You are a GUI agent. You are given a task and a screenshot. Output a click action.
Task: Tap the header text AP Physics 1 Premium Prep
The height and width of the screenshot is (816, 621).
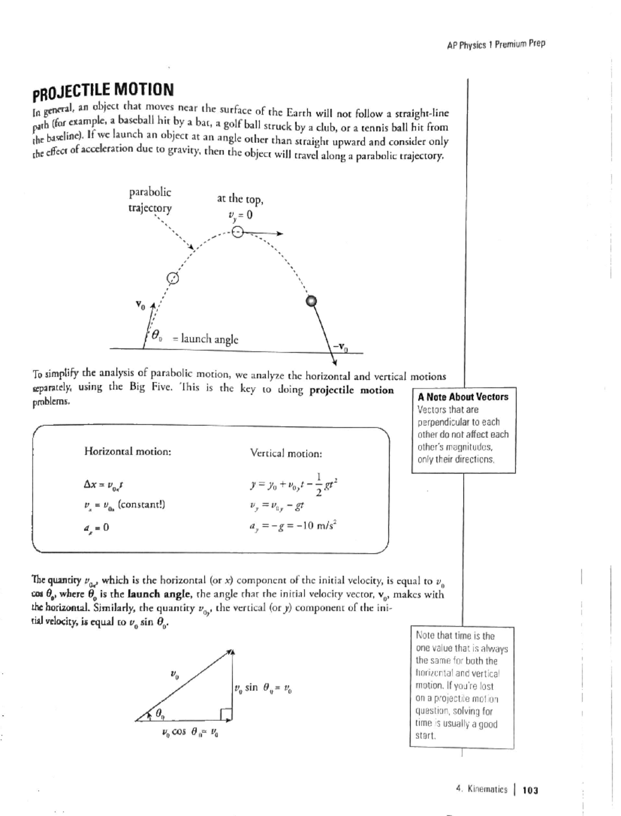(x=496, y=44)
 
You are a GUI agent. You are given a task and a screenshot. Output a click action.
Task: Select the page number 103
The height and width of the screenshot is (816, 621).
(x=530, y=790)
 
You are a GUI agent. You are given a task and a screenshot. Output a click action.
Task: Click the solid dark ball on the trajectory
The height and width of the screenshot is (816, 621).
(x=311, y=301)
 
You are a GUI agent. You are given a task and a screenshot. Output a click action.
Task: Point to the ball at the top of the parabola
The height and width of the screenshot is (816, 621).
(x=237, y=232)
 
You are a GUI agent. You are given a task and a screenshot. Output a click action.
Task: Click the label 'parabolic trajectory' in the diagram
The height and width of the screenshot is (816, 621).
(x=150, y=200)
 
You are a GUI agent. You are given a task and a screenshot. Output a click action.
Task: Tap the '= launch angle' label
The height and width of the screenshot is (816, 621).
(x=205, y=339)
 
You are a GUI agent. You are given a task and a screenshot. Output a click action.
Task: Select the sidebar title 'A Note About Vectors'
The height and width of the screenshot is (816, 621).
(x=463, y=397)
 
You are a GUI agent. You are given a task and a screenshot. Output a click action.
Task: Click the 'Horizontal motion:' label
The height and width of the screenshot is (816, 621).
(x=127, y=451)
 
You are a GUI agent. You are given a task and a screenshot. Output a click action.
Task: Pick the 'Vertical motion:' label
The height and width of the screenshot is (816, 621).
(x=286, y=453)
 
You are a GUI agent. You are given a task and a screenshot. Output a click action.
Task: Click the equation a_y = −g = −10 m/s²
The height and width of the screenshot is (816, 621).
(x=293, y=526)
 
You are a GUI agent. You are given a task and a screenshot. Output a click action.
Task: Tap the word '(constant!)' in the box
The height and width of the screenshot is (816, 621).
(x=141, y=505)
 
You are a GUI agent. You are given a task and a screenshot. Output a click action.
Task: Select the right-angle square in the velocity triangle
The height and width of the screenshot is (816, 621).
(x=226, y=714)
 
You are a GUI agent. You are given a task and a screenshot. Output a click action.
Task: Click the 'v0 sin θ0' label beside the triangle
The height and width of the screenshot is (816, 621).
(x=263, y=689)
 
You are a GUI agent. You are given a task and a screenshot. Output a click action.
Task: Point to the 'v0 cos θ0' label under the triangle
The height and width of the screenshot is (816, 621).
(x=189, y=732)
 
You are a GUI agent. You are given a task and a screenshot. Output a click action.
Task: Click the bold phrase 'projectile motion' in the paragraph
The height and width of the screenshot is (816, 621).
(x=351, y=390)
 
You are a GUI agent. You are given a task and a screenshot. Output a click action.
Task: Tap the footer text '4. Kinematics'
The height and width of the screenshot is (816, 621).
(x=482, y=790)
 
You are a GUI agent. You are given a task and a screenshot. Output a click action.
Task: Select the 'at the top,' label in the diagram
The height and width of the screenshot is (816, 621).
(x=240, y=199)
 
